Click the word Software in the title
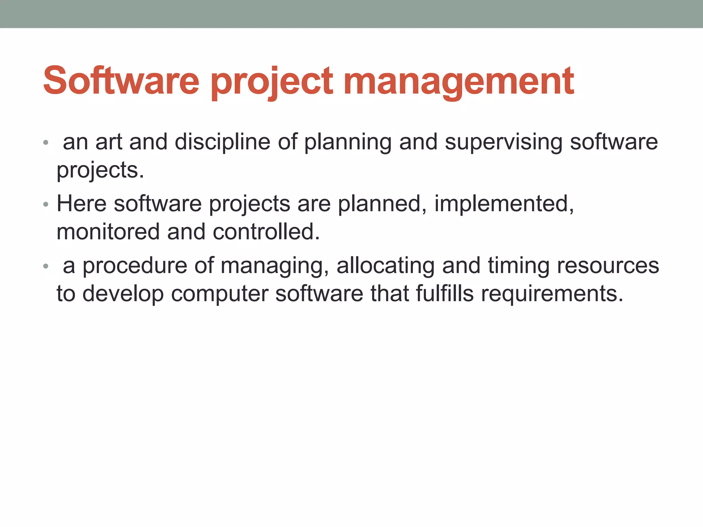coord(121,81)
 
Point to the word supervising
coord(504,142)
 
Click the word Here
coord(81,204)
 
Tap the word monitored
coord(108,232)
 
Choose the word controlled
coord(266,232)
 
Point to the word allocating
coord(385,266)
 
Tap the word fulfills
coord(445,294)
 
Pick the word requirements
coord(552,294)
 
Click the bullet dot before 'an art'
coord(46,142)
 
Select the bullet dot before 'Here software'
coord(46,205)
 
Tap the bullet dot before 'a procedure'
coord(46,267)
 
